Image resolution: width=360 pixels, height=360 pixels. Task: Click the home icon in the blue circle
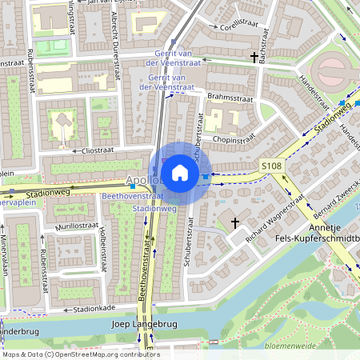[180, 173]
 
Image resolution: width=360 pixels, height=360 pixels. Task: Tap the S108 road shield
[271, 166]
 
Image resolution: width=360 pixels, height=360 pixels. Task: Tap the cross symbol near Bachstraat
[255, 58]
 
